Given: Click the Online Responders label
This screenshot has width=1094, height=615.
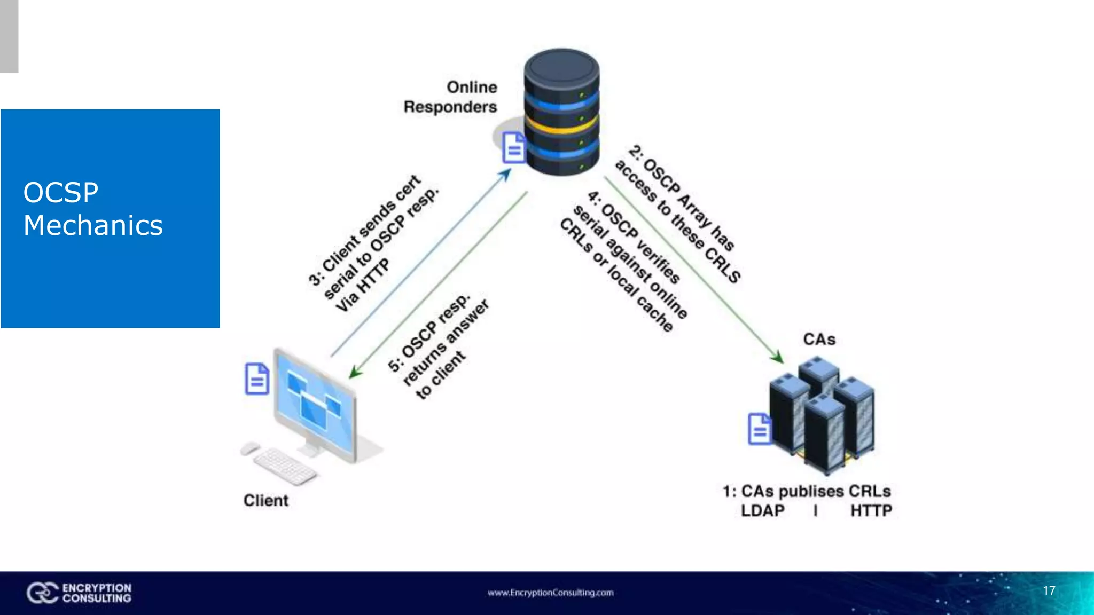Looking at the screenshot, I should click(x=450, y=97).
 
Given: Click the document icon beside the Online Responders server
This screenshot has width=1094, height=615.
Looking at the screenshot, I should click(x=514, y=147).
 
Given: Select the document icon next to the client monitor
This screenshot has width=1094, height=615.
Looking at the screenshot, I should click(x=256, y=379).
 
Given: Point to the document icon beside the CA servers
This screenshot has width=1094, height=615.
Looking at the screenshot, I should click(x=760, y=429).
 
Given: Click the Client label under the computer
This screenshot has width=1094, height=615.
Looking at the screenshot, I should click(x=265, y=500).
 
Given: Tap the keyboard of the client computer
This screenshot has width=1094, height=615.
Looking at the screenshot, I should click(x=284, y=466).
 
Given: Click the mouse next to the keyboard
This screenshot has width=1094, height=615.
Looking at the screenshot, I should click(x=249, y=448).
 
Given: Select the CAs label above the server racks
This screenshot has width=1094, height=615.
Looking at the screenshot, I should click(x=819, y=339).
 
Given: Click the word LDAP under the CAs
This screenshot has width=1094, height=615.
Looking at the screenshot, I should click(x=762, y=511).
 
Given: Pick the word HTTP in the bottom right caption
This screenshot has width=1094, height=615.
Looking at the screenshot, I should click(x=871, y=511).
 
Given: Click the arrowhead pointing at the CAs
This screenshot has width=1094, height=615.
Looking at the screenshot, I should click(x=777, y=357).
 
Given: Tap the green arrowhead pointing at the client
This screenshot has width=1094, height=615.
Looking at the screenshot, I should click(x=355, y=372).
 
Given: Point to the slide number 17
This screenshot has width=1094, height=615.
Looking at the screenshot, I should click(x=1049, y=590).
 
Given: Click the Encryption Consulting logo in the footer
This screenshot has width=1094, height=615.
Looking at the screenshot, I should click(x=79, y=593).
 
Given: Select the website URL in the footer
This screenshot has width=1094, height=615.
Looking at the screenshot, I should click(x=550, y=593).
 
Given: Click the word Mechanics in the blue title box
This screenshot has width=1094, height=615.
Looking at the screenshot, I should click(x=93, y=225).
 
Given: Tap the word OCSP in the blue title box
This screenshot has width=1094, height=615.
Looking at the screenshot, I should click(x=61, y=193).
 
